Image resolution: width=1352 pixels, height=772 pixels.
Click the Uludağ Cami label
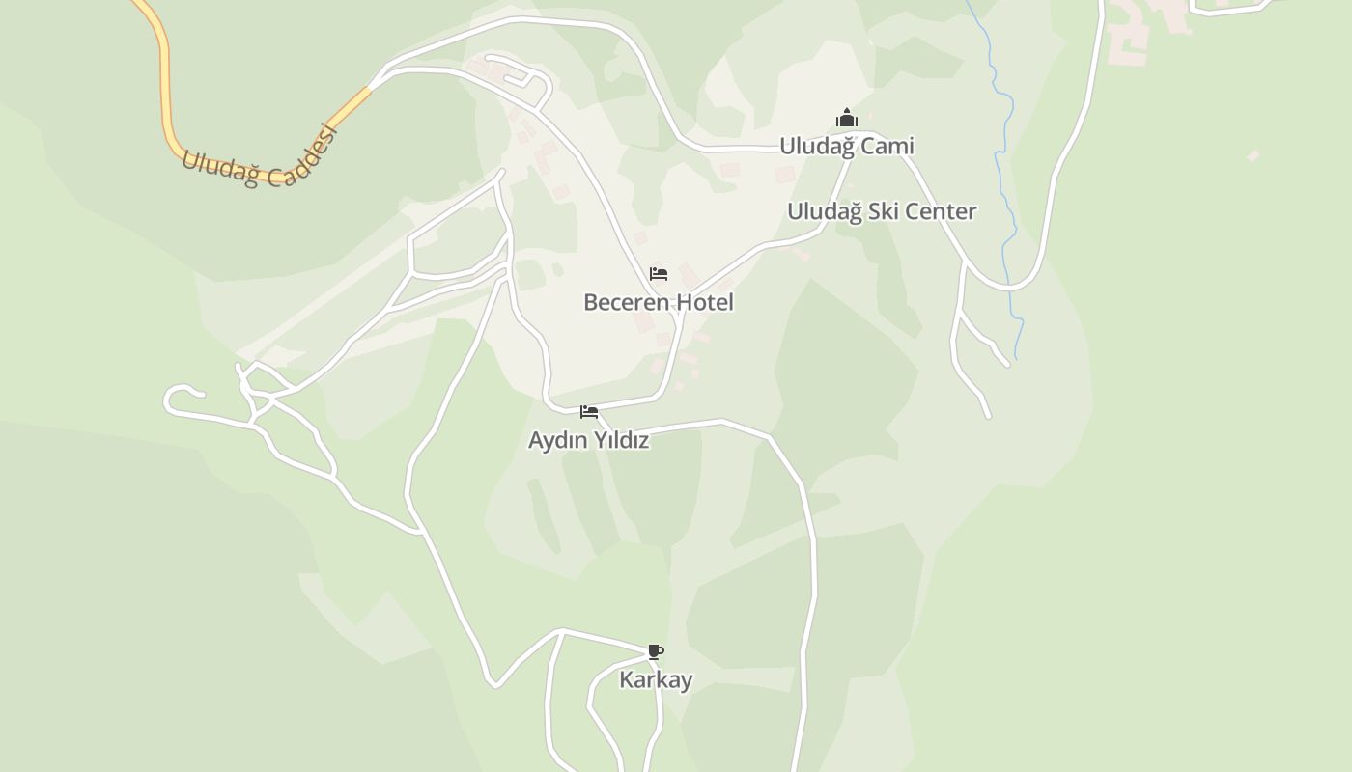tap(847, 146)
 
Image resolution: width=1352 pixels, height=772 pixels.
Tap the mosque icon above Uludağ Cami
tap(847, 119)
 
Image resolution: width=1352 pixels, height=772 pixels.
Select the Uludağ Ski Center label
tap(882, 211)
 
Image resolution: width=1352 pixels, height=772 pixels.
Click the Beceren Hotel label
tap(659, 302)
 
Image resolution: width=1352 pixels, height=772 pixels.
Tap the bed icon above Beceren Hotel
tap(659, 274)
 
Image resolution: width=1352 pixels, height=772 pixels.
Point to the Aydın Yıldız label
tap(588, 440)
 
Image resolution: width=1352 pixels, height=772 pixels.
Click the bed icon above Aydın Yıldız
tap(588, 412)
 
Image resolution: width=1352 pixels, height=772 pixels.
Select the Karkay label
tap(656, 679)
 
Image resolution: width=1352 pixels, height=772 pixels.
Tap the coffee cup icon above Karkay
tap(656, 651)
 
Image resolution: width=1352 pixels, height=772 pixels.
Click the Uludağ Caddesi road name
tap(260, 158)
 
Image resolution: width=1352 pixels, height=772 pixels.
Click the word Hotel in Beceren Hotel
tap(704, 302)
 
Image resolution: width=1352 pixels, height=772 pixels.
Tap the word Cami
tap(887, 146)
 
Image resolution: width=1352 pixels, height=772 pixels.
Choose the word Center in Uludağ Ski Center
tap(939, 211)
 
